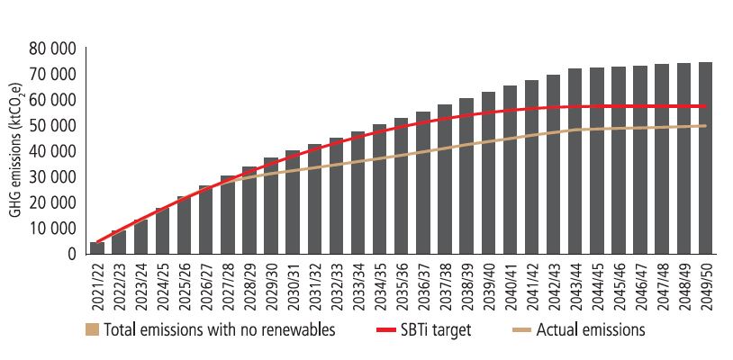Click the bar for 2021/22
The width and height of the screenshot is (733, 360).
pos(98,247)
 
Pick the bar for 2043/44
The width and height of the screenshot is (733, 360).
pos(575,161)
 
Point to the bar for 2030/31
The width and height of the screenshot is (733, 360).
pos(293,202)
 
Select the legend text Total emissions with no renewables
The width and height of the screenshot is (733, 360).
pos(220,330)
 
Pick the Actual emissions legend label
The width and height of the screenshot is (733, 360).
pos(590,330)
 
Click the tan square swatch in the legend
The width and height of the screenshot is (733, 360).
pos(92,330)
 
